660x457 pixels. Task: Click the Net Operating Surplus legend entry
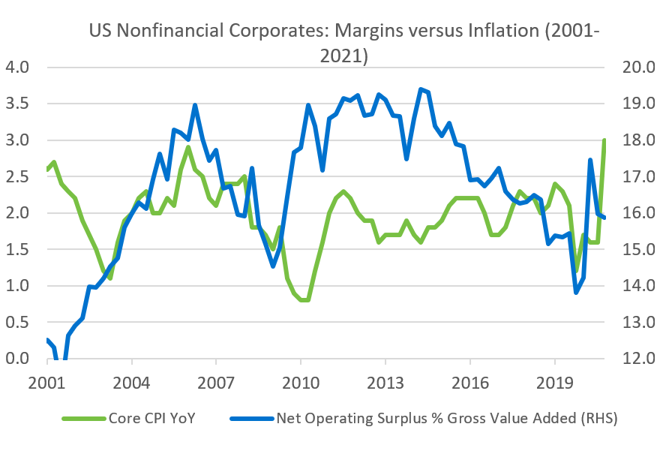(445, 419)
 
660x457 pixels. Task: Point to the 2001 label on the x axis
(46, 381)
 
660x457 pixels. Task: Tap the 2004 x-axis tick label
(131, 381)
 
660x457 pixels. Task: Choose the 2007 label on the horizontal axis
(216, 381)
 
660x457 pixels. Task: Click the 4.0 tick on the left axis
(17, 68)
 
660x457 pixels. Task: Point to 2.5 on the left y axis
(17, 177)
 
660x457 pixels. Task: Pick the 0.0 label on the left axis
(17, 359)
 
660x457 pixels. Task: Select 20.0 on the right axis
(636, 68)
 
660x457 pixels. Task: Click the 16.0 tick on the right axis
(636, 213)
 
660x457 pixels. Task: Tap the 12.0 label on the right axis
(636, 359)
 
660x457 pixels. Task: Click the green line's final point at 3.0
(604, 140)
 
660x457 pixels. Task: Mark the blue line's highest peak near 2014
(420, 89)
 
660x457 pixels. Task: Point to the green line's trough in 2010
(304, 300)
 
